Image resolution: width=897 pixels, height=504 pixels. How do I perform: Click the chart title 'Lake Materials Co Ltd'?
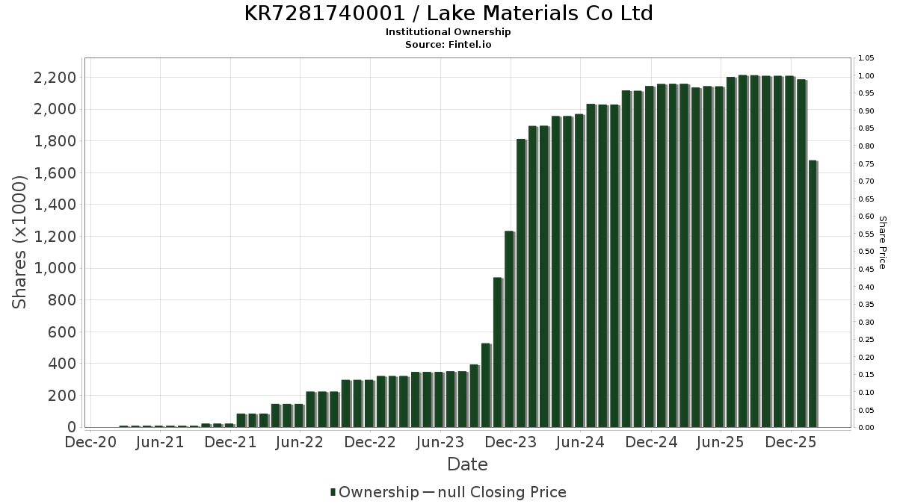pyautogui.click(x=449, y=13)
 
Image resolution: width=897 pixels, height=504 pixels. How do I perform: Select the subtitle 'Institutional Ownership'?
pyautogui.click(x=449, y=32)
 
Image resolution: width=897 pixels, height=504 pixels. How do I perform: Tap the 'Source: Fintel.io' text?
pyautogui.click(x=449, y=45)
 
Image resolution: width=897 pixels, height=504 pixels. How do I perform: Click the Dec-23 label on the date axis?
pyautogui.click(x=511, y=443)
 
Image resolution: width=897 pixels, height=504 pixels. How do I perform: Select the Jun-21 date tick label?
pyautogui.click(x=160, y=443)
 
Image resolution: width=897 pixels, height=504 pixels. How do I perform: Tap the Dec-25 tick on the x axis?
pyautogui.click(x=791, y=443)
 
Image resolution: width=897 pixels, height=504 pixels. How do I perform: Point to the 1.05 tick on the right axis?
pyautogui.click(x=866, y=58)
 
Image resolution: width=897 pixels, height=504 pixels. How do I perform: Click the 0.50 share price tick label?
pyautogui.click(x=866, y=252)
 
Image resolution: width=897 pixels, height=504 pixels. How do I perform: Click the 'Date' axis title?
pyautogui.click(x=467, y=465)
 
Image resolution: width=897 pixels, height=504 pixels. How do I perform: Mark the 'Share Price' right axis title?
pyautogui.click(x=882, y=243)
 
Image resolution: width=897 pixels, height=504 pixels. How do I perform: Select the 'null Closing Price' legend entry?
pyautogui.click(x=502, y=493)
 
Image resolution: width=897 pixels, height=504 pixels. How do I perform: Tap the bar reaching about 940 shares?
pyautogui.click(x=497, y=352)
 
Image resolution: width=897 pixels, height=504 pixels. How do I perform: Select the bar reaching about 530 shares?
pyautogui.click(x=486, y=385)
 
